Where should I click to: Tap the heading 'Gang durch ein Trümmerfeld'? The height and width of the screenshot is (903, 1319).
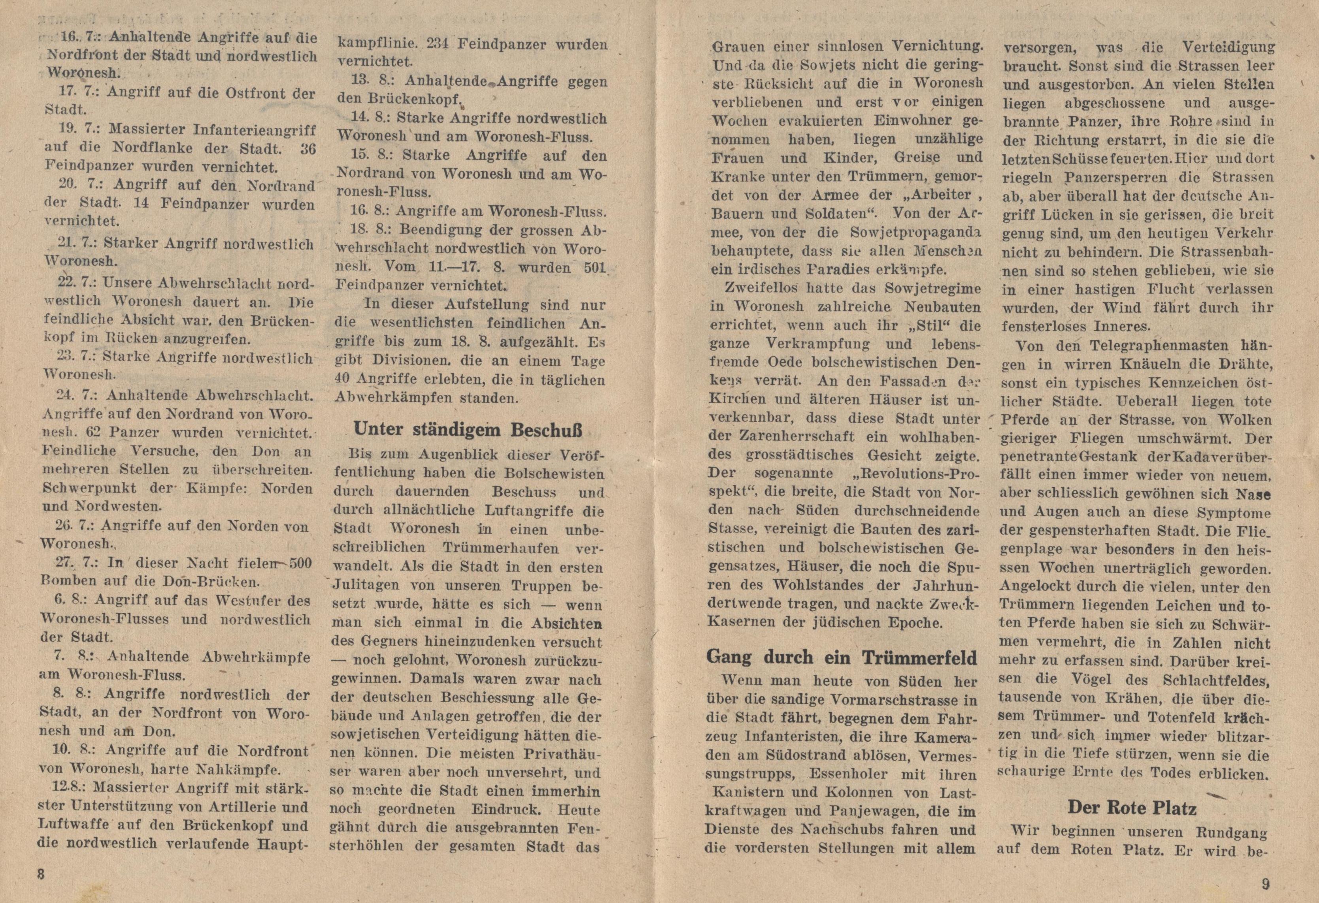[842, 657]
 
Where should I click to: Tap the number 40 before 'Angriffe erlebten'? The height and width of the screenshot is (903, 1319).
[345, 379]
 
